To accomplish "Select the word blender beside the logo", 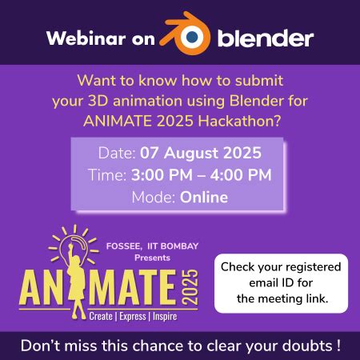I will click(x=265, y=37).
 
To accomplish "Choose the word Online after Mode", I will click(x=204, y=197).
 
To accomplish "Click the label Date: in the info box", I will click(x=117, y=153).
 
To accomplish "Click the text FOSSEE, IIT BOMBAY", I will click(x=152, y=248).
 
